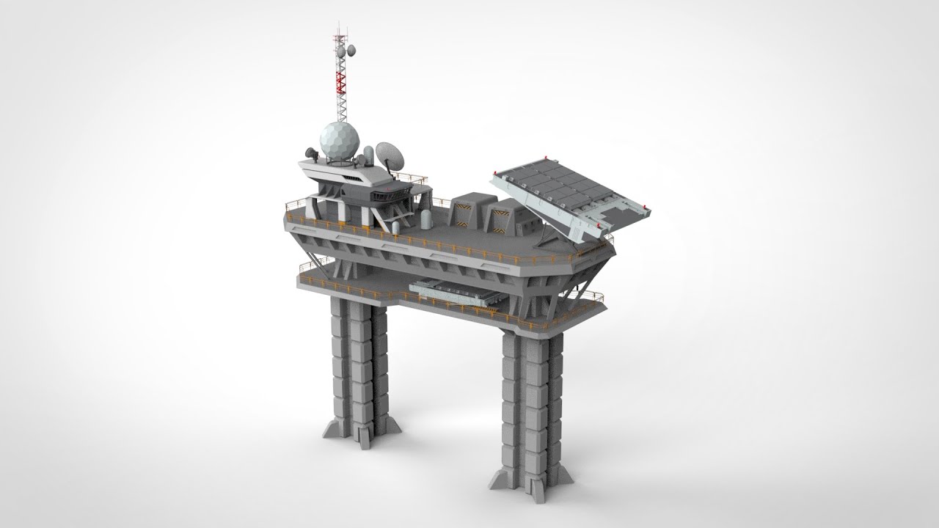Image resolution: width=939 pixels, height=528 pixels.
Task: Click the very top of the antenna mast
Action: pos(339,24)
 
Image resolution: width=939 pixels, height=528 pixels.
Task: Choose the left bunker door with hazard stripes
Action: pos(464,213)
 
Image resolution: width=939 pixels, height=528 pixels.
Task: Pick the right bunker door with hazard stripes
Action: pos(500,217)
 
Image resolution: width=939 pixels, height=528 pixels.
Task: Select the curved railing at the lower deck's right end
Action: pos(591,297)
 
